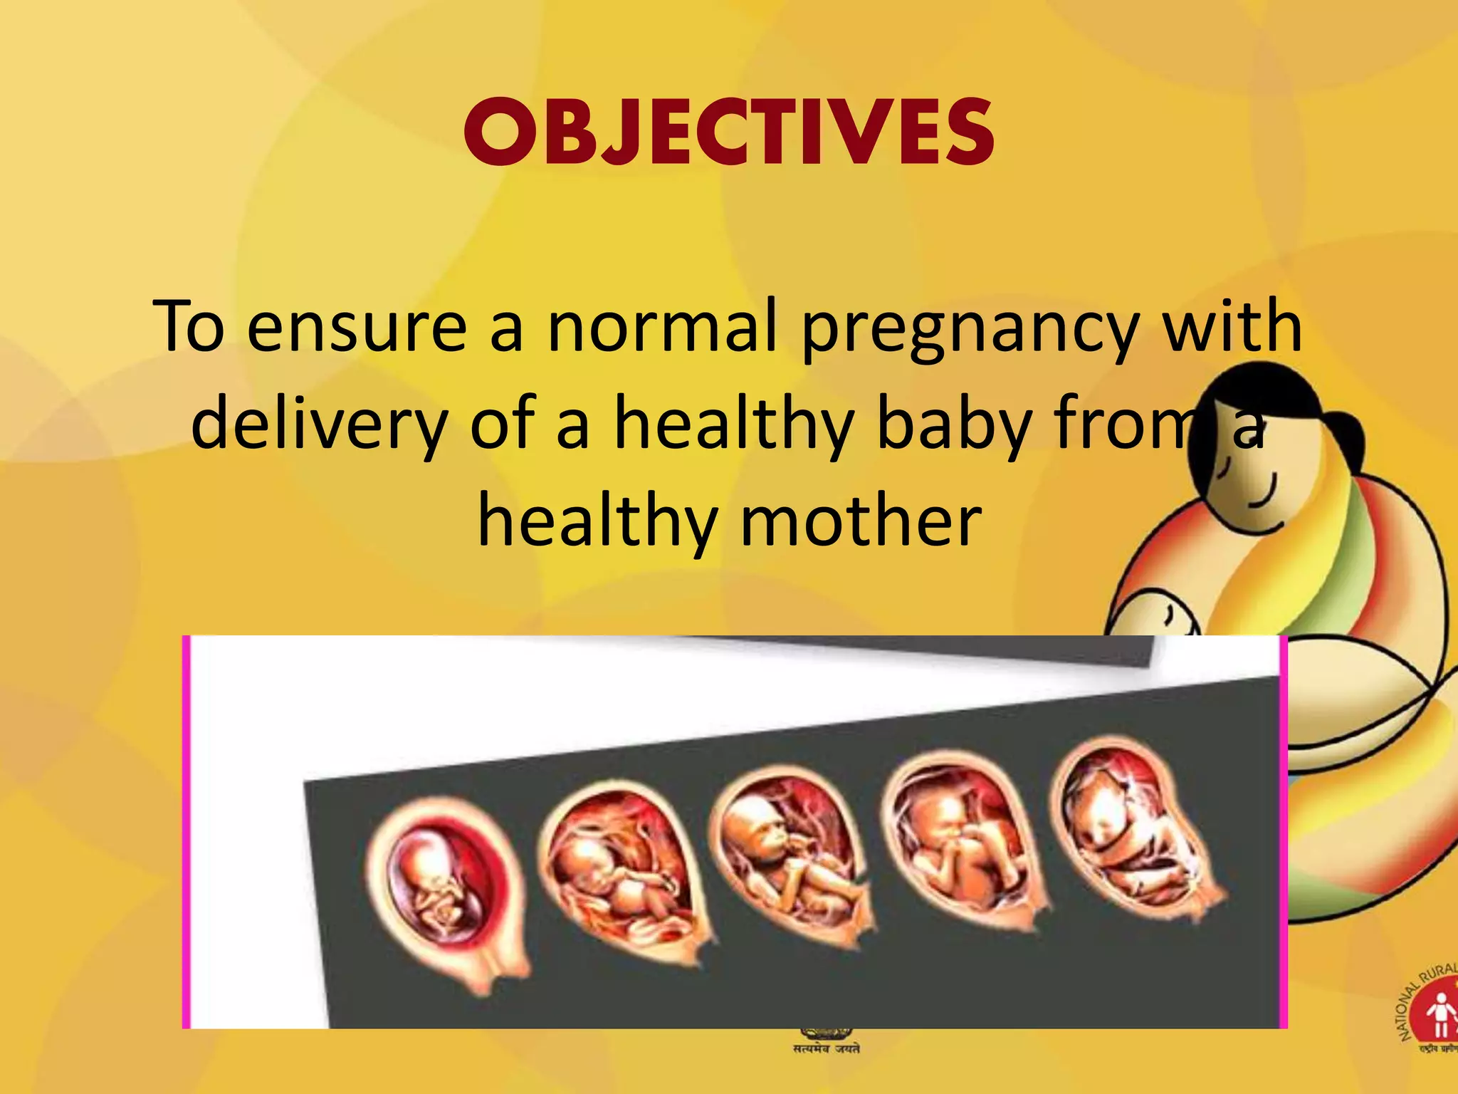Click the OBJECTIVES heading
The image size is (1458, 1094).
pos(729,133)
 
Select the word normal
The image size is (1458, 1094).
pos(661,327)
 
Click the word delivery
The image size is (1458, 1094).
pos(320,425)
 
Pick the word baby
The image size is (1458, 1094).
pos(954,425)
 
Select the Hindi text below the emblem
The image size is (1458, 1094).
pos(827,1048)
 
